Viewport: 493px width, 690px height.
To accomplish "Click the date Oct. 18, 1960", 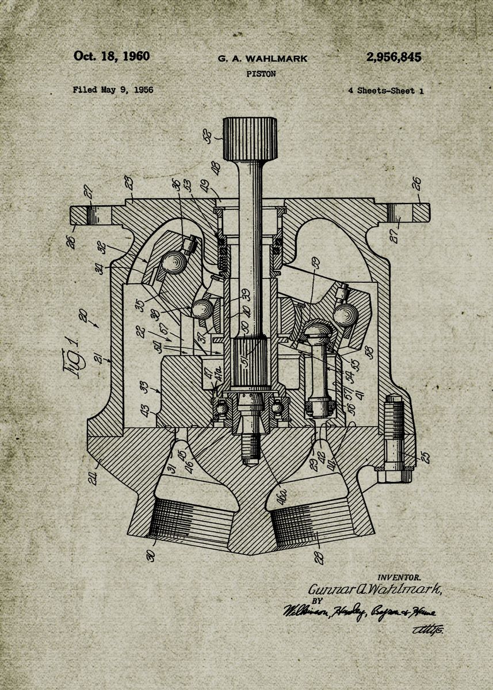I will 111,56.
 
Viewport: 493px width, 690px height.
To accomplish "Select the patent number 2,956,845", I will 393,57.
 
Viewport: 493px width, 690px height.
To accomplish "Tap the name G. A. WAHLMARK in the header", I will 262,59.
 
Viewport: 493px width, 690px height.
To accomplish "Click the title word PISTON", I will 261,74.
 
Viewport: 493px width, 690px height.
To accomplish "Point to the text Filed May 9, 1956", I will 113,90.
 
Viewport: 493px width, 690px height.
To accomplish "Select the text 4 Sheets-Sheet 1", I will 385,90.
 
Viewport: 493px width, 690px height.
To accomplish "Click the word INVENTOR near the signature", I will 399,577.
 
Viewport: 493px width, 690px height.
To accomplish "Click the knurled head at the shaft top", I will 250,139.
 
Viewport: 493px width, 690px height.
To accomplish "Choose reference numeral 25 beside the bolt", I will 424,457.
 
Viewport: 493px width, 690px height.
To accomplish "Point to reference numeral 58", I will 369,352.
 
